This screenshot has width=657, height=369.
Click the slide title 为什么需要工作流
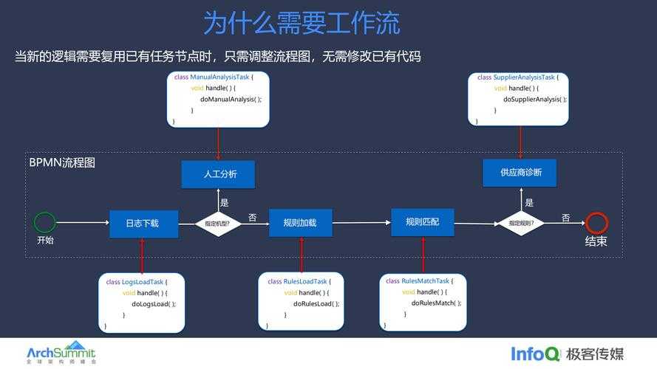tap(302, 23)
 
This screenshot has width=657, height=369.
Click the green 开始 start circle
tap(45, 222)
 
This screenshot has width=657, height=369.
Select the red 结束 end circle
tap(596, 223)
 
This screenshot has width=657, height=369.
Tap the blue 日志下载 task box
tap(143, 224)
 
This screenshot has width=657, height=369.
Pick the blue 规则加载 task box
tap(300, 223)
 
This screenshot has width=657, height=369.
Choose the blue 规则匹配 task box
tap(422, 222)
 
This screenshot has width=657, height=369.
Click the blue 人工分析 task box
tap(218, 175)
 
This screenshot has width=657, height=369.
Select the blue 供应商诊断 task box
tap(520, 173)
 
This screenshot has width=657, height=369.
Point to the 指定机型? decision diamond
tap(217, 224)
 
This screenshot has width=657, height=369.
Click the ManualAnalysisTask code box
tap(218, 99)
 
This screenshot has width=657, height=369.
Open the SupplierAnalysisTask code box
tap(521, 99)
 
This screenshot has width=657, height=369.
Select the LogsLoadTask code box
tap(143, 303)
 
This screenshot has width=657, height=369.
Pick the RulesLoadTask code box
tap(302, 303)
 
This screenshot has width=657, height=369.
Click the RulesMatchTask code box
tap(424, 303)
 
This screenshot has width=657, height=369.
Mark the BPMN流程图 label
tap(62, 162)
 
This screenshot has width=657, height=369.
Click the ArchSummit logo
tap(61, 353)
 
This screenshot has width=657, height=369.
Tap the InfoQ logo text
tap(536, 354)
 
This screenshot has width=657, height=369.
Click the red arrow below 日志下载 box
tap(143, 255)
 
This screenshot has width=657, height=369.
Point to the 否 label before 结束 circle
tap(565, 218)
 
